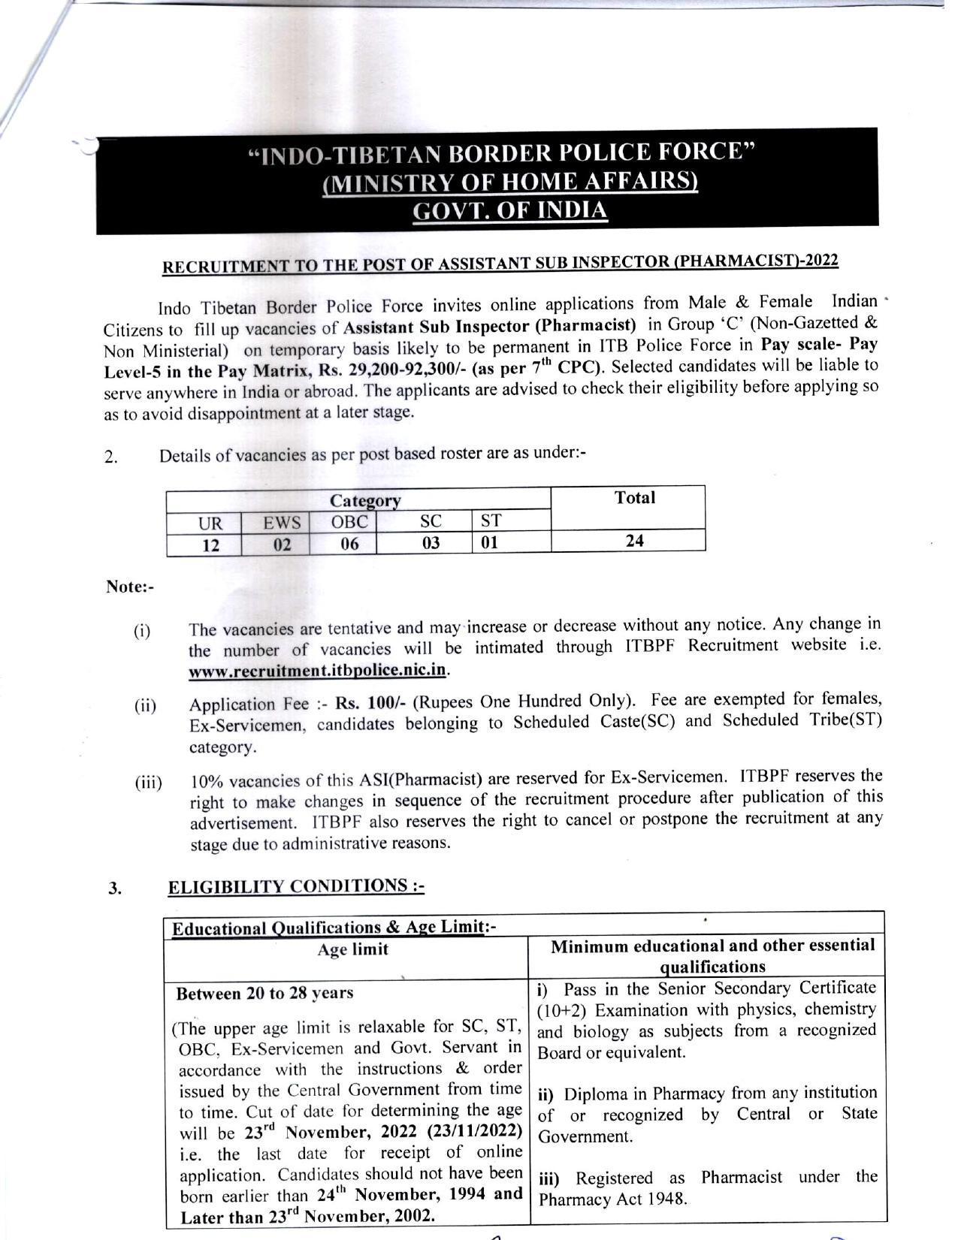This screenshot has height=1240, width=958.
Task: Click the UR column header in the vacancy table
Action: [x=204, y=523]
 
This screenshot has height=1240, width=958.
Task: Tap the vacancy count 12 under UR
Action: [x=210, y=545]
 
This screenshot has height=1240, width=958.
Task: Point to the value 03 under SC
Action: [x=431, y=542]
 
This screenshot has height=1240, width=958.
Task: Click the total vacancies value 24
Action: [x=634, y=540]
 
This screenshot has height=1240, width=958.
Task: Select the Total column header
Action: [x=634, y=498]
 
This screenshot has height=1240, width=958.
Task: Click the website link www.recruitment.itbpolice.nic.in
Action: [x=318, y=670]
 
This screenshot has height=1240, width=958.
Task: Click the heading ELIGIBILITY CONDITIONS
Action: [x=296, y=887]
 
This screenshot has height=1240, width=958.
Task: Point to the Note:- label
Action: [x=129, y=587]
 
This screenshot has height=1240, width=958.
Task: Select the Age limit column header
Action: [x=352, y=949]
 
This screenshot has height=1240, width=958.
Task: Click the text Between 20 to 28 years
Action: [x=264, y=993]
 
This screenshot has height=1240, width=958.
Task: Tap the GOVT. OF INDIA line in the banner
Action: [x=510, y=211]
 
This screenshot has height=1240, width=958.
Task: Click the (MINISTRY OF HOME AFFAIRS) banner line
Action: [x=510, y=183]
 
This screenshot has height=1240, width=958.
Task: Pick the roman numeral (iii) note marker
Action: [x=148, y=783]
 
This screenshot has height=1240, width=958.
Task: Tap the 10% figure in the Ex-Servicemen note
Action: [x=206, y=781]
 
